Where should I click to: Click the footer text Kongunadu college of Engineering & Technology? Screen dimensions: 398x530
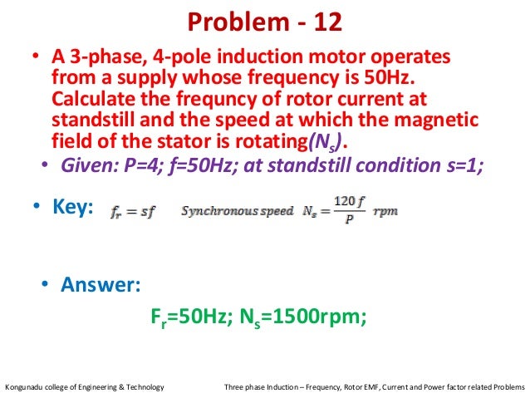(x=85, y=387)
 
